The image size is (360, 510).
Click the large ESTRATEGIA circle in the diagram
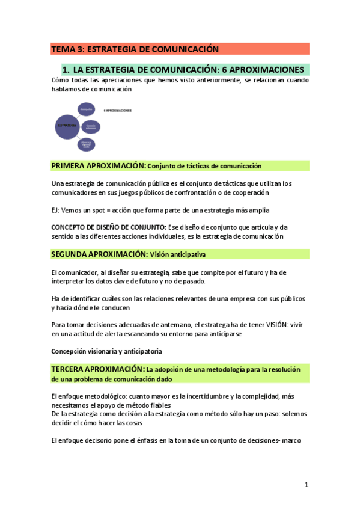pos(67,125)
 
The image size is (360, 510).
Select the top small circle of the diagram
pos(86,110)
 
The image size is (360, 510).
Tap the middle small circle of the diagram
pos(90,126)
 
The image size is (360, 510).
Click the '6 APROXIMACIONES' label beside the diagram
pos(118,111)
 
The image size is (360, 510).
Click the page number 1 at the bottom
pos(306,485)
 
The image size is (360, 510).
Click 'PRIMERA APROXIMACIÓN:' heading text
pos(99,165)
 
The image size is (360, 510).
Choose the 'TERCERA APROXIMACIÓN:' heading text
pos(98,369)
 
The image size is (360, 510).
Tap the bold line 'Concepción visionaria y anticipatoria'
pos(107,351)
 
